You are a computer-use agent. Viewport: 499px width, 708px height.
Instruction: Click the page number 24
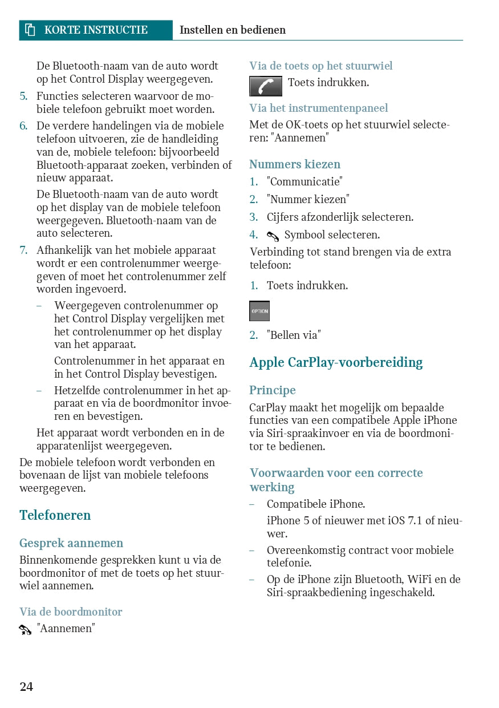[x=26, y=686]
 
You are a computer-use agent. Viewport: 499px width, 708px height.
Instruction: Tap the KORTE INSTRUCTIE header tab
[x=96, y=30]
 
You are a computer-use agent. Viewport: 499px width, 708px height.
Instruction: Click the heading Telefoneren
[x=55, y=515]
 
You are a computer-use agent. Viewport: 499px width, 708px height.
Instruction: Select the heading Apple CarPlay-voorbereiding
[x=336, y=362]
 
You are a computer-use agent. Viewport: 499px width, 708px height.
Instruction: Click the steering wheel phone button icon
[x=265, y=86]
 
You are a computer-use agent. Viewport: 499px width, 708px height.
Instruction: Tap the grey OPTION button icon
[x=259, y=311]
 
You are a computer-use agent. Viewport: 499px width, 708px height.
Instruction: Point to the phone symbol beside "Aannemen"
[x=25, y=630]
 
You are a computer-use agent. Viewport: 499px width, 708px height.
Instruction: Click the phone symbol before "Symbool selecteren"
[x=273, y=236]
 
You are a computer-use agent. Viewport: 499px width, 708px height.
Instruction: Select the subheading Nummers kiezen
[x=294, y=164]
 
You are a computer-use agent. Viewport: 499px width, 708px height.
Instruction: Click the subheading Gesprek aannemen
[x=71, y=543]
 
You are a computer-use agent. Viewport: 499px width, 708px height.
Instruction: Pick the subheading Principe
[x=272, y=390]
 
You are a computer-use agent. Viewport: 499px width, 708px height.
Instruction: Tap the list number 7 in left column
[x=23, y=250]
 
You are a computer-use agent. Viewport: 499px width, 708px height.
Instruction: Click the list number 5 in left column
[x=23, y=96]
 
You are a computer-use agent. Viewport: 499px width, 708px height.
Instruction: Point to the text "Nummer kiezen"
[x=308, y=199]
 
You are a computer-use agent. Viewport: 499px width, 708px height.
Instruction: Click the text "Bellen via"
[x=293, y=335]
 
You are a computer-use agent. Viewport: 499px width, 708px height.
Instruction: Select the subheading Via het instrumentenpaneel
[x=318, y=108]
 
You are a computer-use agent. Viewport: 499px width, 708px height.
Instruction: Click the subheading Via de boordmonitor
[x=71, y=612]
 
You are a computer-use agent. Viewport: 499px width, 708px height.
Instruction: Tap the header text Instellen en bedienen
[x=233, y=30]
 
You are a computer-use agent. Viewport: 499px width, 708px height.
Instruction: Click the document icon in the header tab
[x=30, y=30]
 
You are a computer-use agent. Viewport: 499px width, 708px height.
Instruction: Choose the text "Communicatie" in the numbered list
[x=305, y=181]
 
